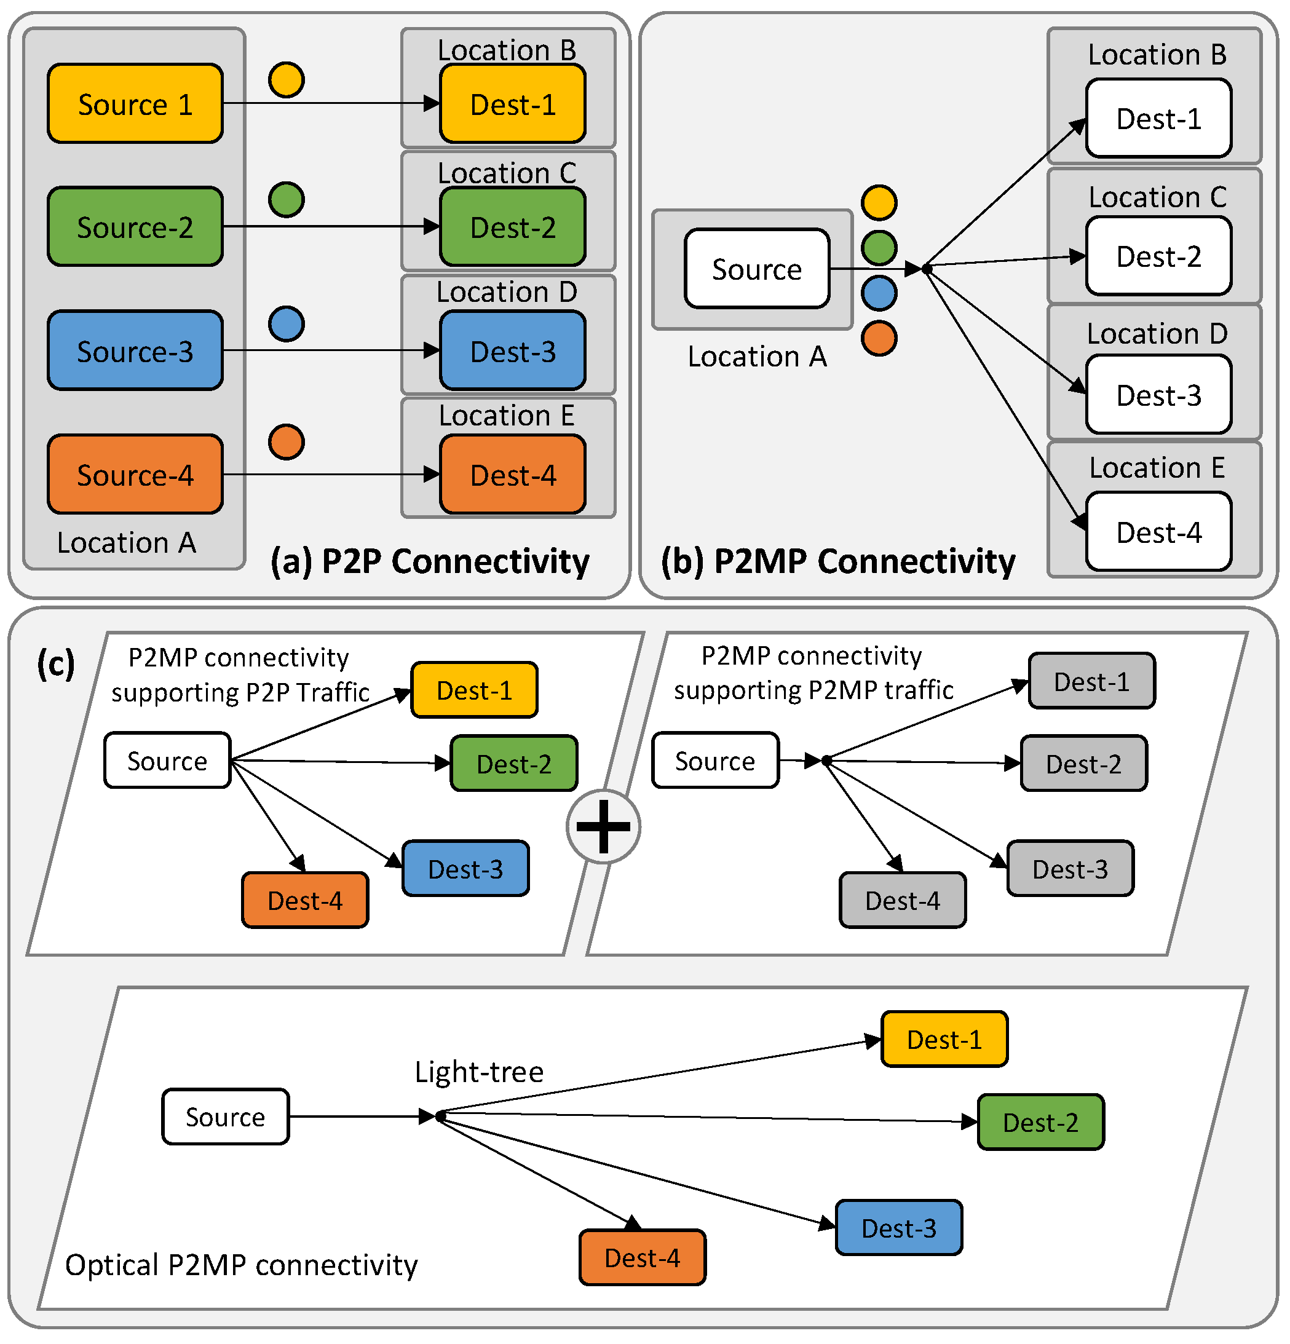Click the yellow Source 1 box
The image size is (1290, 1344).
(135, 103)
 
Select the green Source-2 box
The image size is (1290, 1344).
(135, 226)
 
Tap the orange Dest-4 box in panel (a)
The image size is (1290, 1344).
(512, 475)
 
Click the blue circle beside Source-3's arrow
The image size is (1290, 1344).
(286, 323)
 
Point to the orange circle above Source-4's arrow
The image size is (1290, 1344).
(286, 441)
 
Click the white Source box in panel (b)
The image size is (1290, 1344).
(756, 269)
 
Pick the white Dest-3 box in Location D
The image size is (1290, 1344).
(1158, 395)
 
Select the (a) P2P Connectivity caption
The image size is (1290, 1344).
(429, 561)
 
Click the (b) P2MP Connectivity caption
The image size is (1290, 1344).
(837, 561)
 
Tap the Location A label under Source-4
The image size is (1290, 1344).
(126, 542)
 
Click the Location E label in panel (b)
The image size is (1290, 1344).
(1157, 468)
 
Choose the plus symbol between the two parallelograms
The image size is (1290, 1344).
(603, 826)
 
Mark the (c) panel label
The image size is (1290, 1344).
(55, 664)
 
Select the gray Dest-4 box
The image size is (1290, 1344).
(903, 900)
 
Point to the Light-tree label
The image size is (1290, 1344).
(479, 1072)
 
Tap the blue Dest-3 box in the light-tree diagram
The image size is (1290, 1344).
(898, 1228)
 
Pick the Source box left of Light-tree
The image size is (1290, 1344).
(225, 1117)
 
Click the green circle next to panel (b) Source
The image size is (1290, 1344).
(879, 248)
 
